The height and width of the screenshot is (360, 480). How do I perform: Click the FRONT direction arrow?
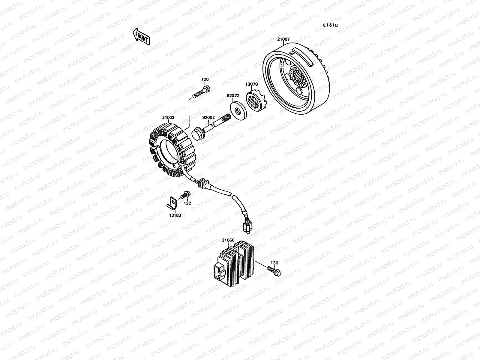pos(140,36)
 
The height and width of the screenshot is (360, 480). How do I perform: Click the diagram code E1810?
pos(330,25)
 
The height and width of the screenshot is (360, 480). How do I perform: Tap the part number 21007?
pos(283,39)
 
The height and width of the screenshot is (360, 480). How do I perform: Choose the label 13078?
pos(251,85)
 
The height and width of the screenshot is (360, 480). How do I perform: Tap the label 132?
pos(187,203)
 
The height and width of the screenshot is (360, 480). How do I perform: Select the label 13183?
pos(175,215)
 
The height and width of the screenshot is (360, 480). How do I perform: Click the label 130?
pos(274,263)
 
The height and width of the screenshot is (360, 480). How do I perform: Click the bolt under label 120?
pos(201,92)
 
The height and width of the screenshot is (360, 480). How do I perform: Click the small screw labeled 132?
pos(185,196)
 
